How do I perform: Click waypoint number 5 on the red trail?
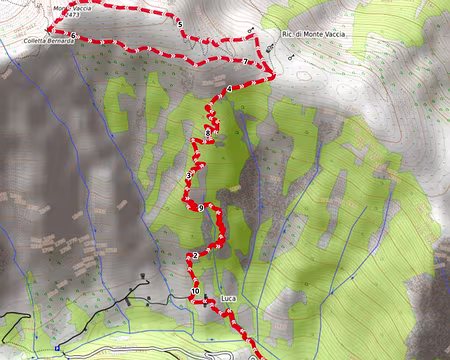pyautogui.click(x=180, y=23)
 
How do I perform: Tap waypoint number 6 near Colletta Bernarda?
pyautogui.click(x=73, y=36)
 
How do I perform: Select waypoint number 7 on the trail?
pyautogui.click(x=246, y=62)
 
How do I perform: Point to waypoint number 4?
pyautogui.click(x=229, y=89)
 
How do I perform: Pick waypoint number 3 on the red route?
pyautogui.click(x=188, y=176)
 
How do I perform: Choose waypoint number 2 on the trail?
pyautogui.click(x=195, y=255)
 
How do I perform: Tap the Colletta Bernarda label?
pyautogui.click(x=49, y=42)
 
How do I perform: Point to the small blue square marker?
pyautogui.click(x=58, y=348)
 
